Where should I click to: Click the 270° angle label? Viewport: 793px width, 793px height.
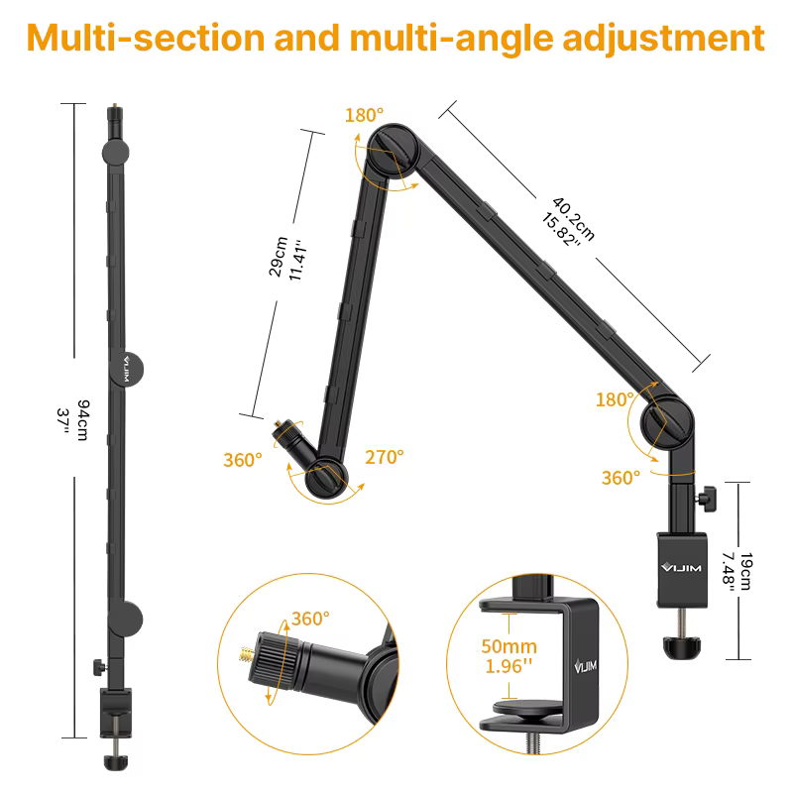pos(384,457)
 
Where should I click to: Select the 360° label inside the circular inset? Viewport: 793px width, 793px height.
pos(309,619)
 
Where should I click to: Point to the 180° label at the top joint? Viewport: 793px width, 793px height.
pos(362,115)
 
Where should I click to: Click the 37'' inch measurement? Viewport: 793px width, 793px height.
pos(68,417)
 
